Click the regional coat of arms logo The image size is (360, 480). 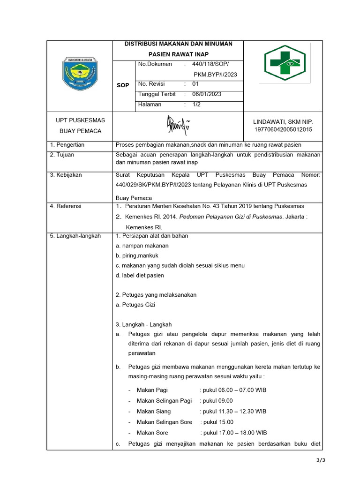[80, 74]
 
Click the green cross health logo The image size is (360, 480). [284, 63]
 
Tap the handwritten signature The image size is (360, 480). [178, 125]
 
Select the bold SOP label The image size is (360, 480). [123, 85]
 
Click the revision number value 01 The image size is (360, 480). [196, 84]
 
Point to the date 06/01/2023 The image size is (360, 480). [207, 94]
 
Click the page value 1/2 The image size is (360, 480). [196, 105]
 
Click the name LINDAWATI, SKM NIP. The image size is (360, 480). [283, 121]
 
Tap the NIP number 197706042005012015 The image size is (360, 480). [283, 129]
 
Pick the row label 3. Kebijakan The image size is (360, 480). [66, 175]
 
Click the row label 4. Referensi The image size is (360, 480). [66, 206]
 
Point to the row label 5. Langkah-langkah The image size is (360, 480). [75, 236]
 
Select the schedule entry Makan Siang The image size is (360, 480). [154, 411]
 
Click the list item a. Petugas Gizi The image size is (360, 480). [135, 305]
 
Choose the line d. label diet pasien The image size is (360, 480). [140, 275]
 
